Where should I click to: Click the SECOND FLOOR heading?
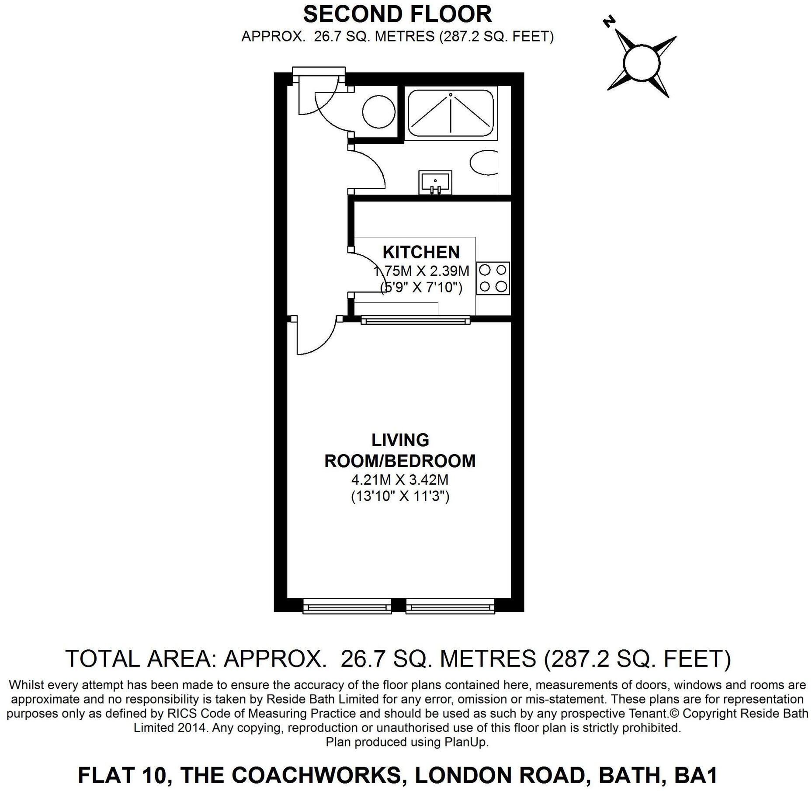[x=397, y=14]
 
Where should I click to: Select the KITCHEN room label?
[x=421, y=252]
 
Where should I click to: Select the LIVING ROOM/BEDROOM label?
[x=400, y=451]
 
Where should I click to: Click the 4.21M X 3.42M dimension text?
[x=400, y=480]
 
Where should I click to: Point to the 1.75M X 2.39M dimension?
[x=421, y=271]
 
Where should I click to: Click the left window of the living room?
[x=347, y=606]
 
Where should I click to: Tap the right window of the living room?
[x=450, y=606]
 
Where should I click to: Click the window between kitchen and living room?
[x=416, y=321]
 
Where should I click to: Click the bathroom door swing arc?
[x=374, y=168]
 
